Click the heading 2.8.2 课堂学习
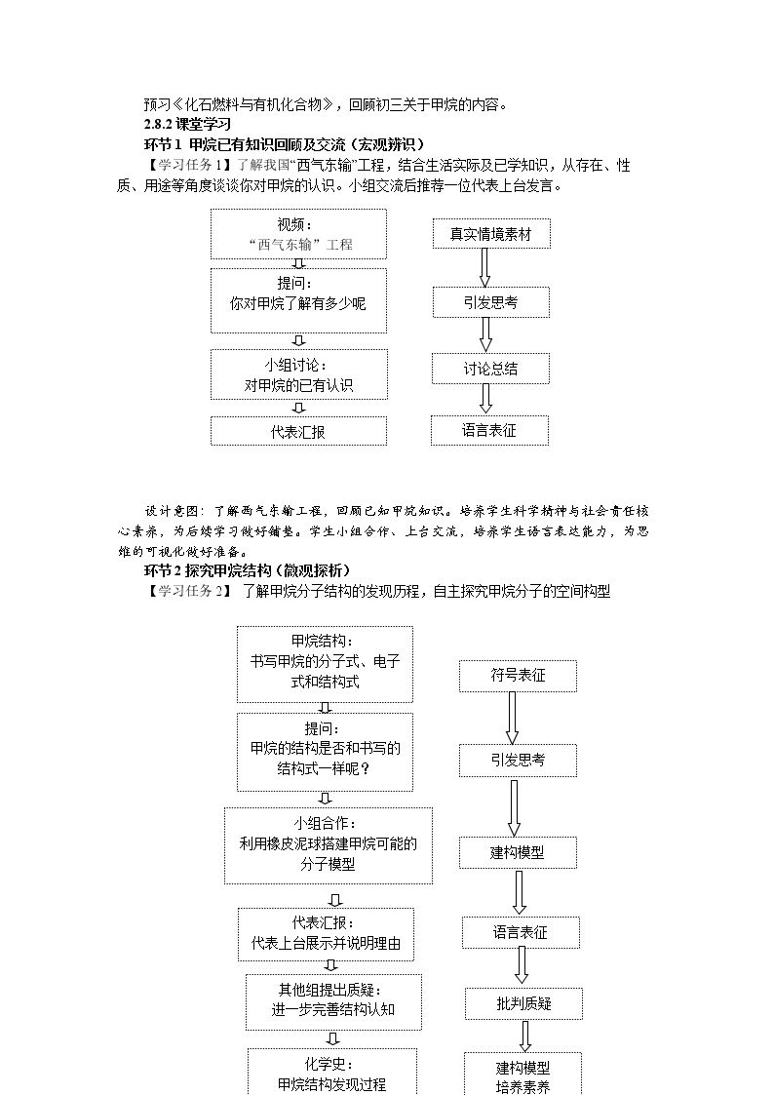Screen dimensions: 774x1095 [x=187, y=124]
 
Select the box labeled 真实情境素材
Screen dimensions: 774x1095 [x=490, y=234]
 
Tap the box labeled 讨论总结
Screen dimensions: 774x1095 [x=490, y=369]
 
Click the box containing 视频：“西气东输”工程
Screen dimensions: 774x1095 [x=298, y=235]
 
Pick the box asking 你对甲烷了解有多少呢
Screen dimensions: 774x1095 [x=298, y=300]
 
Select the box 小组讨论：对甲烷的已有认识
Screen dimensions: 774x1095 [x=298, y=375]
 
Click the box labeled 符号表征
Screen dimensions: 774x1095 [x=518, y=676]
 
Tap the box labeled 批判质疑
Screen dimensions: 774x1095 [x=523, y=1003]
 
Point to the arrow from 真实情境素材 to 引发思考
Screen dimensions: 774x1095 [x=485, y=267]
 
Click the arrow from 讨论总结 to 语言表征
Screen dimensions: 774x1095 [x=485, y=399]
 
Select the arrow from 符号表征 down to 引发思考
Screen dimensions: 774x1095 [x=513, y=718]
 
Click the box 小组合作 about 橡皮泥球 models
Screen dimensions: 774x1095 [x=329, y=845]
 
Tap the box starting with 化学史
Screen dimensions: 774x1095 [x=332, y=1072]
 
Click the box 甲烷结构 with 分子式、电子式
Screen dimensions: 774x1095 [x=325, y=664]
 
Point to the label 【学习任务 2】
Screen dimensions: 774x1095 [x=187, y=591]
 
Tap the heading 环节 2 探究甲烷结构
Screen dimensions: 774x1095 [x=247, y=570]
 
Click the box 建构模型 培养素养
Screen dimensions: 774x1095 [x=522, y=1075]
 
